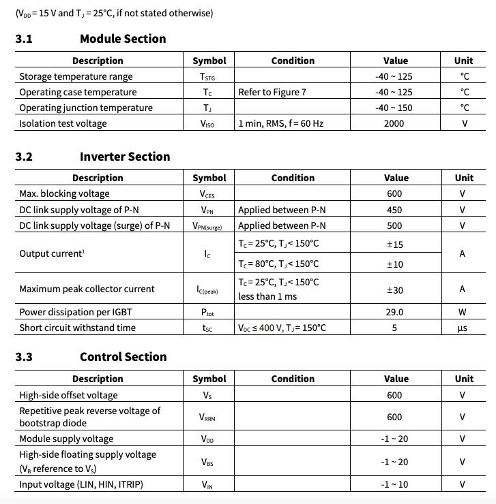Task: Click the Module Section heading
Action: [123, 39]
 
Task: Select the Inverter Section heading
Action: [125, 157]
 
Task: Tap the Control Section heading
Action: [123, 357]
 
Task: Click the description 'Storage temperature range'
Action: [76, 76]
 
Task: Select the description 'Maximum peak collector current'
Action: [87, 289]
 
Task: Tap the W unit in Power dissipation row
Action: [463, 312]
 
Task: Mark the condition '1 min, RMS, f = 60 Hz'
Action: [280, 123]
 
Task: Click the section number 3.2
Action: [24, 157]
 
